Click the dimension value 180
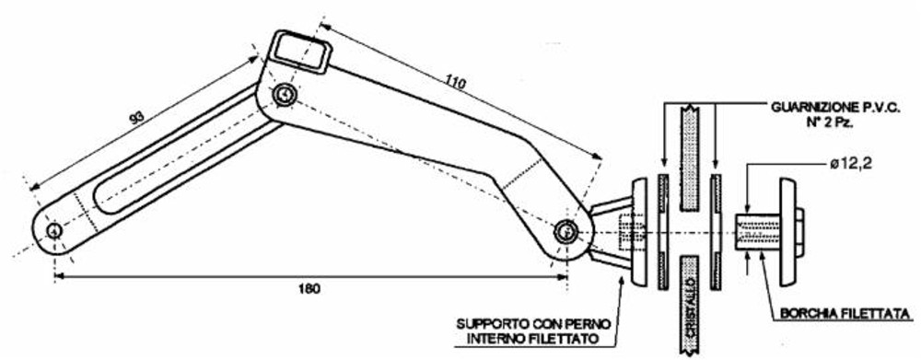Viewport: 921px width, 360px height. tap(309, 289)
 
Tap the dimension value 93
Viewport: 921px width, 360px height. tap(136, 118)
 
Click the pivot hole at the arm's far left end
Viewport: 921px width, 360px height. tap(54, 230)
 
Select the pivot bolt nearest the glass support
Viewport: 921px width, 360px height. tap(565, 233)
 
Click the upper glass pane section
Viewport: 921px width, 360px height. tap(691, 152)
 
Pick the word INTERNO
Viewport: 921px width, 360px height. tap(488, 342)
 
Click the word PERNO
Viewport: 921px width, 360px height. tap(583, 325)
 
